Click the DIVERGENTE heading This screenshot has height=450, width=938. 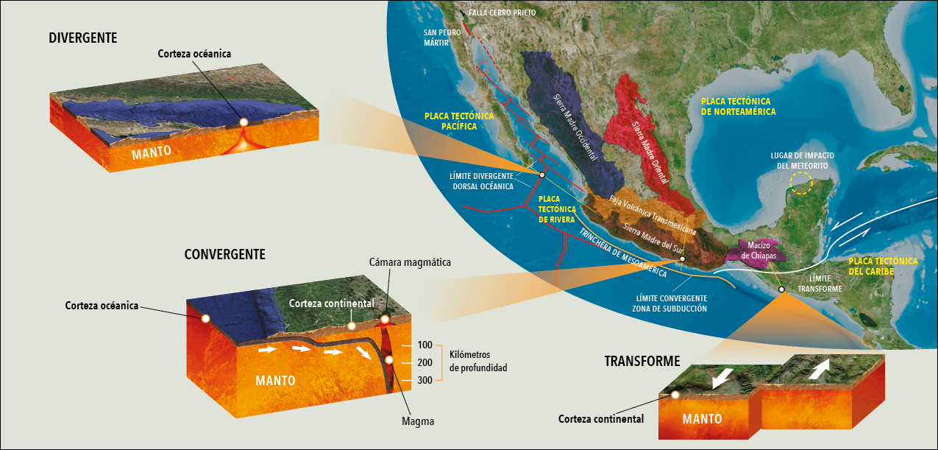coord(83,38)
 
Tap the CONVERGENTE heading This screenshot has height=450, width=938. coord(224,254)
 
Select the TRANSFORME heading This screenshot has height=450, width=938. coord(642,361)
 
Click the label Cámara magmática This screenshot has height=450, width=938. coord(411,262)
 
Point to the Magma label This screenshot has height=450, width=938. coord(418,421)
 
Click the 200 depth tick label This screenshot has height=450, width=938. coord(424,362)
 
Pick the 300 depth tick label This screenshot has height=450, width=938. coord(424,380)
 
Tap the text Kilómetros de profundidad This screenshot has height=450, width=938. coord(478,361)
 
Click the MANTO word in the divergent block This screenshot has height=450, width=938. coord(152,152)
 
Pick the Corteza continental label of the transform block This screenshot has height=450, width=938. coord(601,419)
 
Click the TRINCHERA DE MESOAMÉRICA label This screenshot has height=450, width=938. coord(622,254)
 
